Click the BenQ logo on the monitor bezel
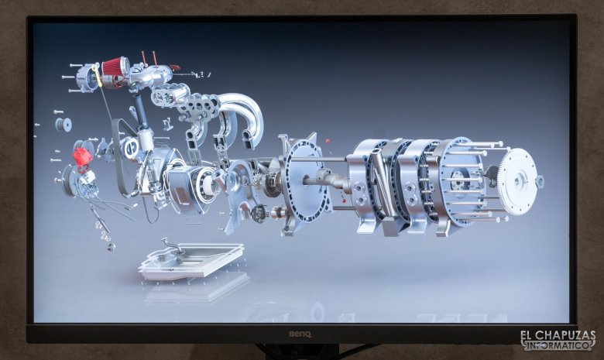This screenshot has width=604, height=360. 300,334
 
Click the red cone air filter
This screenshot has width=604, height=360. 115,67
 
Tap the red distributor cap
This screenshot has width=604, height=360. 82,157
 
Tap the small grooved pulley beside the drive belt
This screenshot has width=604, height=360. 63,125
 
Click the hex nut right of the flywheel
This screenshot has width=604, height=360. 540,180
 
